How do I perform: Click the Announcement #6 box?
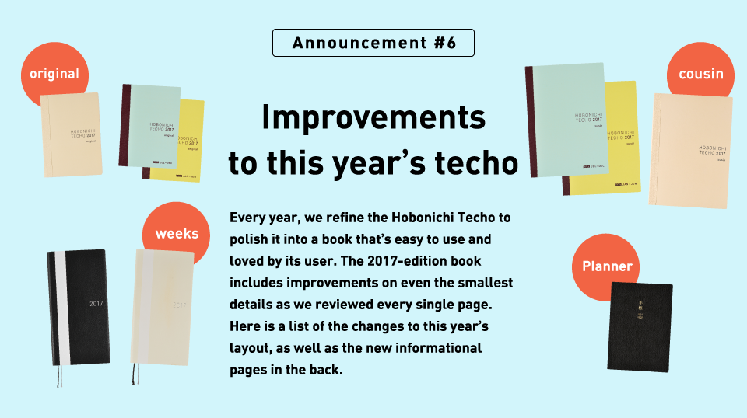tap(373, 43)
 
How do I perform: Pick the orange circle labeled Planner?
tap(607, 266)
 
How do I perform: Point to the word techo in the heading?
tap(476, 163)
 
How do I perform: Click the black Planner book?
tap(640, 326)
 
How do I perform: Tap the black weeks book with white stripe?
tap(78, 307)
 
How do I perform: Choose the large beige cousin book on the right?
tap(691, 151)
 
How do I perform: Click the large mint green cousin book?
tap(567, 120)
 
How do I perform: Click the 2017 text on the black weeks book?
tap(96, 304)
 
